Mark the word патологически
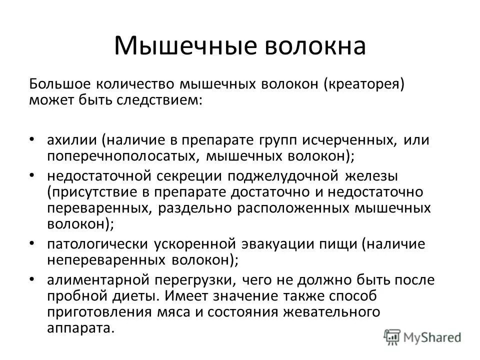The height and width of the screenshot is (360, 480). (95, 244)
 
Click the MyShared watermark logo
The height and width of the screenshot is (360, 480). (423, 337)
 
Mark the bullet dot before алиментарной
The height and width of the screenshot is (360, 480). (32, 281)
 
